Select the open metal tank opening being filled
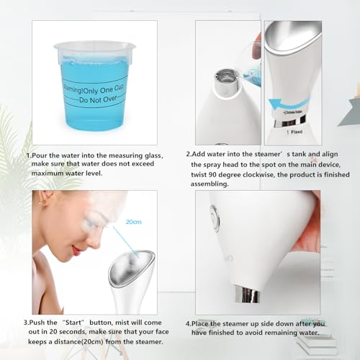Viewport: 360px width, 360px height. [x=226, y=74]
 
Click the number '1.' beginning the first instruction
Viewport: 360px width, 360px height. [x=29, y=155]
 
